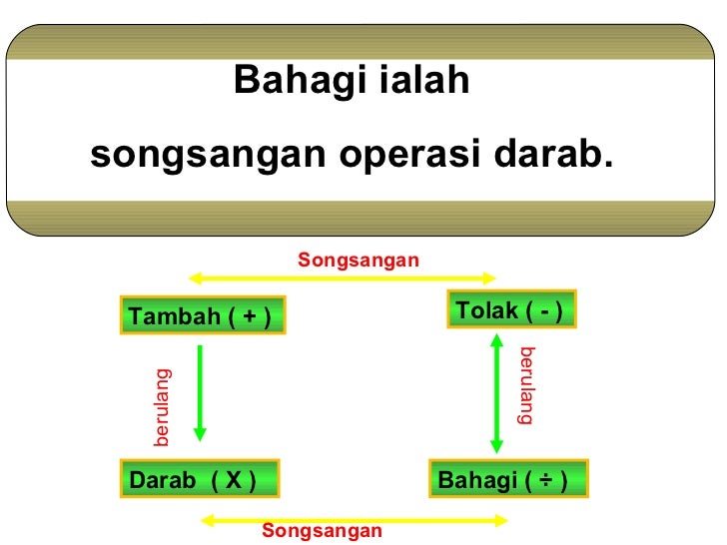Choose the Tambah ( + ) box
coord(202,315)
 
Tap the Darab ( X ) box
coord(199,480)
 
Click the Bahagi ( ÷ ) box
coord(508,480)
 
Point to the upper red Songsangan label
coord(359,260)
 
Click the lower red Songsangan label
coord(322,531)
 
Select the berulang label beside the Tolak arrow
coord(526,386)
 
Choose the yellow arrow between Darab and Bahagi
coord(355,518)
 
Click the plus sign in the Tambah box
coord(247,316)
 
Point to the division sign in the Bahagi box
coord(545,481)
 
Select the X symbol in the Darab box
coord(233,481)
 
